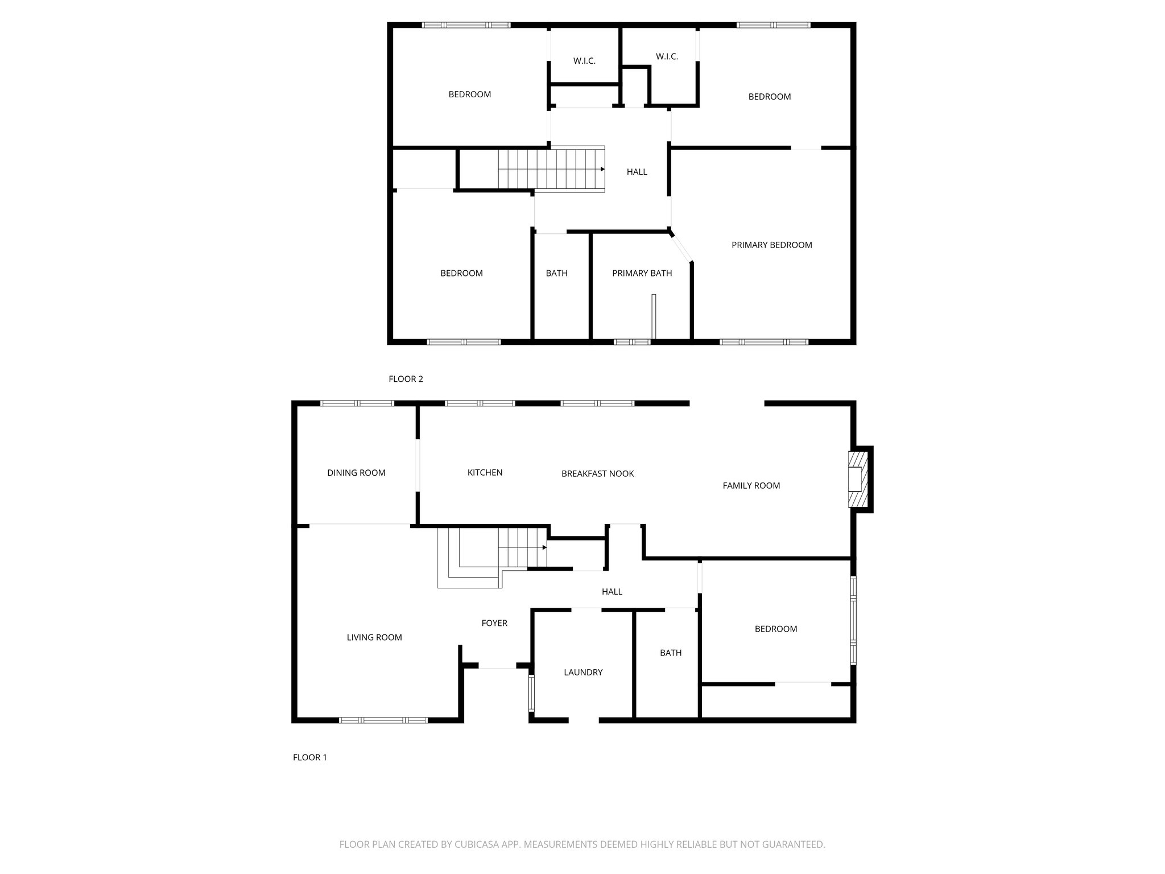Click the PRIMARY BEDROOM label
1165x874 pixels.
771,245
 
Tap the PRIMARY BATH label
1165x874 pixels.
642,274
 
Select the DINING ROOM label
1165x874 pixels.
356,473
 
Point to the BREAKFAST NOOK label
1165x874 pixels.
597,474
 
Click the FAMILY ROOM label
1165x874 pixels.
751,486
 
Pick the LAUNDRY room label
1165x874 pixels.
582,673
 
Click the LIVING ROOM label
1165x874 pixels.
374,638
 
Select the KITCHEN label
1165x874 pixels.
485,473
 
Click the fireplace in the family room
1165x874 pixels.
858,479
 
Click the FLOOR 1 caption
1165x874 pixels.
309,758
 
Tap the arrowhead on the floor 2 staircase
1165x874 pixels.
602,169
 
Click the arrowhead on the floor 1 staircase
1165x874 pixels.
544,547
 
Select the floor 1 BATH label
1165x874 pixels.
670,653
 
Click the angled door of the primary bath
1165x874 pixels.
681,248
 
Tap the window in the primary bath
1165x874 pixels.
631,342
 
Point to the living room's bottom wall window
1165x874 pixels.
383,720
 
